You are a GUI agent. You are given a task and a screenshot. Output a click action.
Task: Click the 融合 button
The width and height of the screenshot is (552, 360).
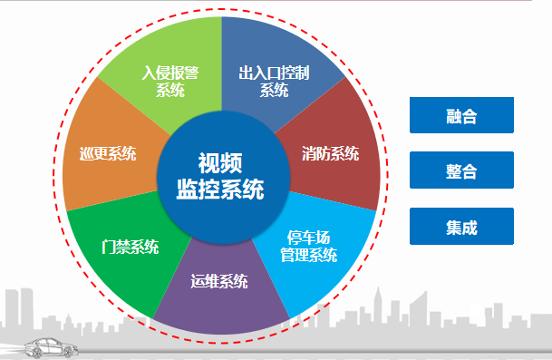461,116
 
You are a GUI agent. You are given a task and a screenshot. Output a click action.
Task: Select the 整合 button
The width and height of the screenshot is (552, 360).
461,170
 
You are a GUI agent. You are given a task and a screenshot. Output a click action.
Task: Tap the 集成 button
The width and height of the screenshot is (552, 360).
461,226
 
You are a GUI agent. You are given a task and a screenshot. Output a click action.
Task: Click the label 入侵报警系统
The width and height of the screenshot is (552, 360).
169,80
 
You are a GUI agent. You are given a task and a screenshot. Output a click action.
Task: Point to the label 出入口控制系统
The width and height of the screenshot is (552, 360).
274,80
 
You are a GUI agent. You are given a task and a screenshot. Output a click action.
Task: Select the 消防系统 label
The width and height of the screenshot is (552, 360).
330,153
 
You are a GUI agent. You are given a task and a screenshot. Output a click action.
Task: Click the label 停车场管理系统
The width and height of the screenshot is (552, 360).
308,246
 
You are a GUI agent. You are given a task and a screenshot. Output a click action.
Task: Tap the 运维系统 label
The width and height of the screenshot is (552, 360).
219,281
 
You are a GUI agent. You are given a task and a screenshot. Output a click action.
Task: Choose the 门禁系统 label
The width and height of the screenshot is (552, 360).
131,247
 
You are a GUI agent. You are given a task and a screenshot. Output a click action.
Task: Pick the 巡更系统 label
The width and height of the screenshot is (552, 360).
107,153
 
